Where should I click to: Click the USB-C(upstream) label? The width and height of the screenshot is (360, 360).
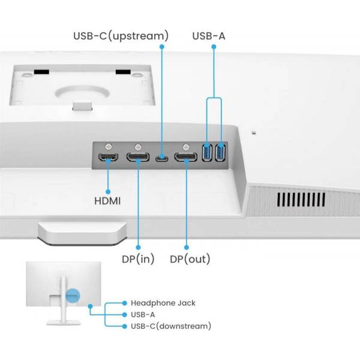pyautogui.click(x=121, y=36)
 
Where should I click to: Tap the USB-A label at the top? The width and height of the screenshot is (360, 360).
pyautogui.click(x=209, y=36)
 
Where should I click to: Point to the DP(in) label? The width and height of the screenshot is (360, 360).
pyautogui.click(x=137, y=259)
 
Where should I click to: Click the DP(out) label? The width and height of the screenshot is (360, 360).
pyautogui.click(x=189, y=259)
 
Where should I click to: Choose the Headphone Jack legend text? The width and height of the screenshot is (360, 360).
pyautogui.click(x=163, y=303)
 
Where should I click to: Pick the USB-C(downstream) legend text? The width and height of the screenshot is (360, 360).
pyautogui.click(x=171, y=326)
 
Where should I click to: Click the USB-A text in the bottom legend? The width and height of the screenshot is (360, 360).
pyautogui.click(x=145, y=314)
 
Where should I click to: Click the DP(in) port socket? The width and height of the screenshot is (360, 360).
pyautogui.click(x=138, y=158)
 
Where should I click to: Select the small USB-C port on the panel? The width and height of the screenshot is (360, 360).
pyautogui.click(x=162, y=158)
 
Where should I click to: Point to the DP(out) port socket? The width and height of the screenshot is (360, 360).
pyautogui.click(x=185, y=158)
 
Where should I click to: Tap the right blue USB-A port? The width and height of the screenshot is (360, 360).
pyautogui.click(x=220, y=152)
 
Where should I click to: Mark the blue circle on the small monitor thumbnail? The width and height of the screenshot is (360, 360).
pyautogui.click(x=73, y=295)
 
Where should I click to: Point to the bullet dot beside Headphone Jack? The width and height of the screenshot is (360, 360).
pyautogui.click(x=124, y=303)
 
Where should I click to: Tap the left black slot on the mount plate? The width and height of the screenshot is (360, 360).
pyautogui.click(x=41, y=72)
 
